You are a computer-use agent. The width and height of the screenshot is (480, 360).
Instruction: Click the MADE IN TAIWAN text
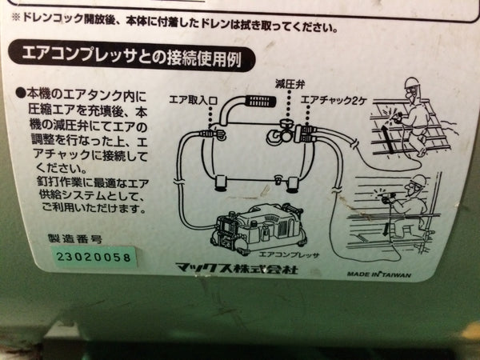click(379, 274)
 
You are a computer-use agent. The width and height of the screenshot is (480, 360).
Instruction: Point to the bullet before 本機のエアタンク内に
click(19, 93)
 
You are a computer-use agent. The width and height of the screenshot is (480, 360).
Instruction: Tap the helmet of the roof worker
click(411, 83)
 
